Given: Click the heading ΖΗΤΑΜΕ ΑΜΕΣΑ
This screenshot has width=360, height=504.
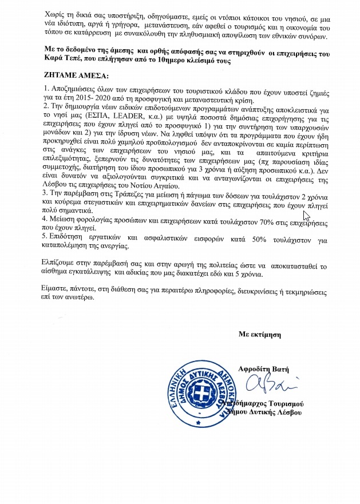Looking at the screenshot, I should (74, 75).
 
